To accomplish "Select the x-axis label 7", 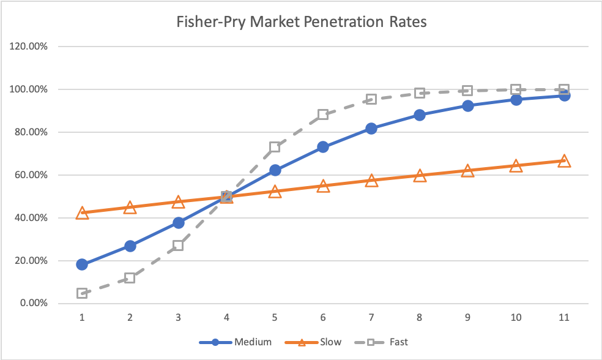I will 371,318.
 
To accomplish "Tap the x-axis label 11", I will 564,318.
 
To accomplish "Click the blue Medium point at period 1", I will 82,264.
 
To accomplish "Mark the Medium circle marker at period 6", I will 323,147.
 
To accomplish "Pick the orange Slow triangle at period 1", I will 82,213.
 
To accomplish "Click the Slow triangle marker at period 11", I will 564,161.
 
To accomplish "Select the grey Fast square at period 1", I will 82,293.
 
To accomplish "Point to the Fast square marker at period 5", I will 275,147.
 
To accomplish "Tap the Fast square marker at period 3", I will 178,246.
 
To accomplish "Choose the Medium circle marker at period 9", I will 467,105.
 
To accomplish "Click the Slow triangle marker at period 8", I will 420,176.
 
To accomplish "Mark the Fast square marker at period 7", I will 371,99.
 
